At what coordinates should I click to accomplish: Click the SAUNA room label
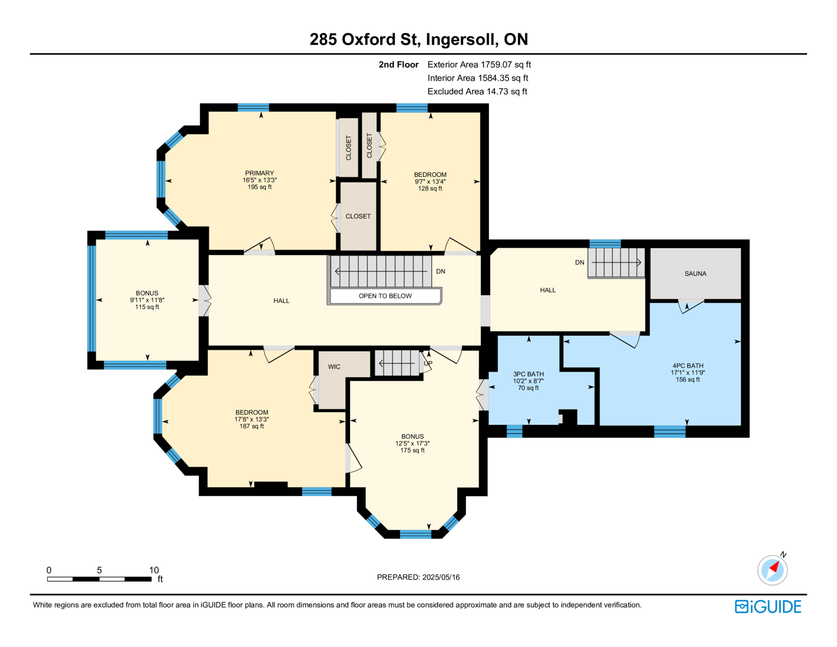click(x=695, y=274)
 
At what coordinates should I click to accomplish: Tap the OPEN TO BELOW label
click(x=385, y=296)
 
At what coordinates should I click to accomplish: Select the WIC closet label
click(x=334, y=367)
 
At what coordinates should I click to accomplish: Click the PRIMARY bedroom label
click(x=259, y=173)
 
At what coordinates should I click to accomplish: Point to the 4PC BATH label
click(x=687, y=366)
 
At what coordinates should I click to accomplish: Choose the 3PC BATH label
click(x=528, y=374)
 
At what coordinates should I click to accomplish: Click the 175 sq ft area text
click(x=412, y=451)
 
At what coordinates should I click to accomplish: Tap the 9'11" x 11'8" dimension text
click(x=147, y=300)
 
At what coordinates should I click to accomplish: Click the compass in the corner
click(x=772, y=570)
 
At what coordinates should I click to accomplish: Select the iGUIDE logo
click(x=767, y=607)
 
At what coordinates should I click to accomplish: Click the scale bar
click(x=99, y=579)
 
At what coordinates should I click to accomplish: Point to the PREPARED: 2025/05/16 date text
click(x=418, y=577)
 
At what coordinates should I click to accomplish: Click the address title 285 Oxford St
click(x=364, y=40)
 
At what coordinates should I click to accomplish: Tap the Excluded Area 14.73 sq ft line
click(x=477, y=91)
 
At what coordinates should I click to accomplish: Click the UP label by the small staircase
click(x=428, y=363)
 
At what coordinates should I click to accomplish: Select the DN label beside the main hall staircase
click(x=440, y=271)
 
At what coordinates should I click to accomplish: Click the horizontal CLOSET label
click(x=358, y=217)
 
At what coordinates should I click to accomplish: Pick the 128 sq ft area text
click(x=430, y=188)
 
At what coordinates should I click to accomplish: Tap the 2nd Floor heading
click(x=398, y=65)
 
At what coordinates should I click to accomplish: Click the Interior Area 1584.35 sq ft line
click(x=478, y=78)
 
